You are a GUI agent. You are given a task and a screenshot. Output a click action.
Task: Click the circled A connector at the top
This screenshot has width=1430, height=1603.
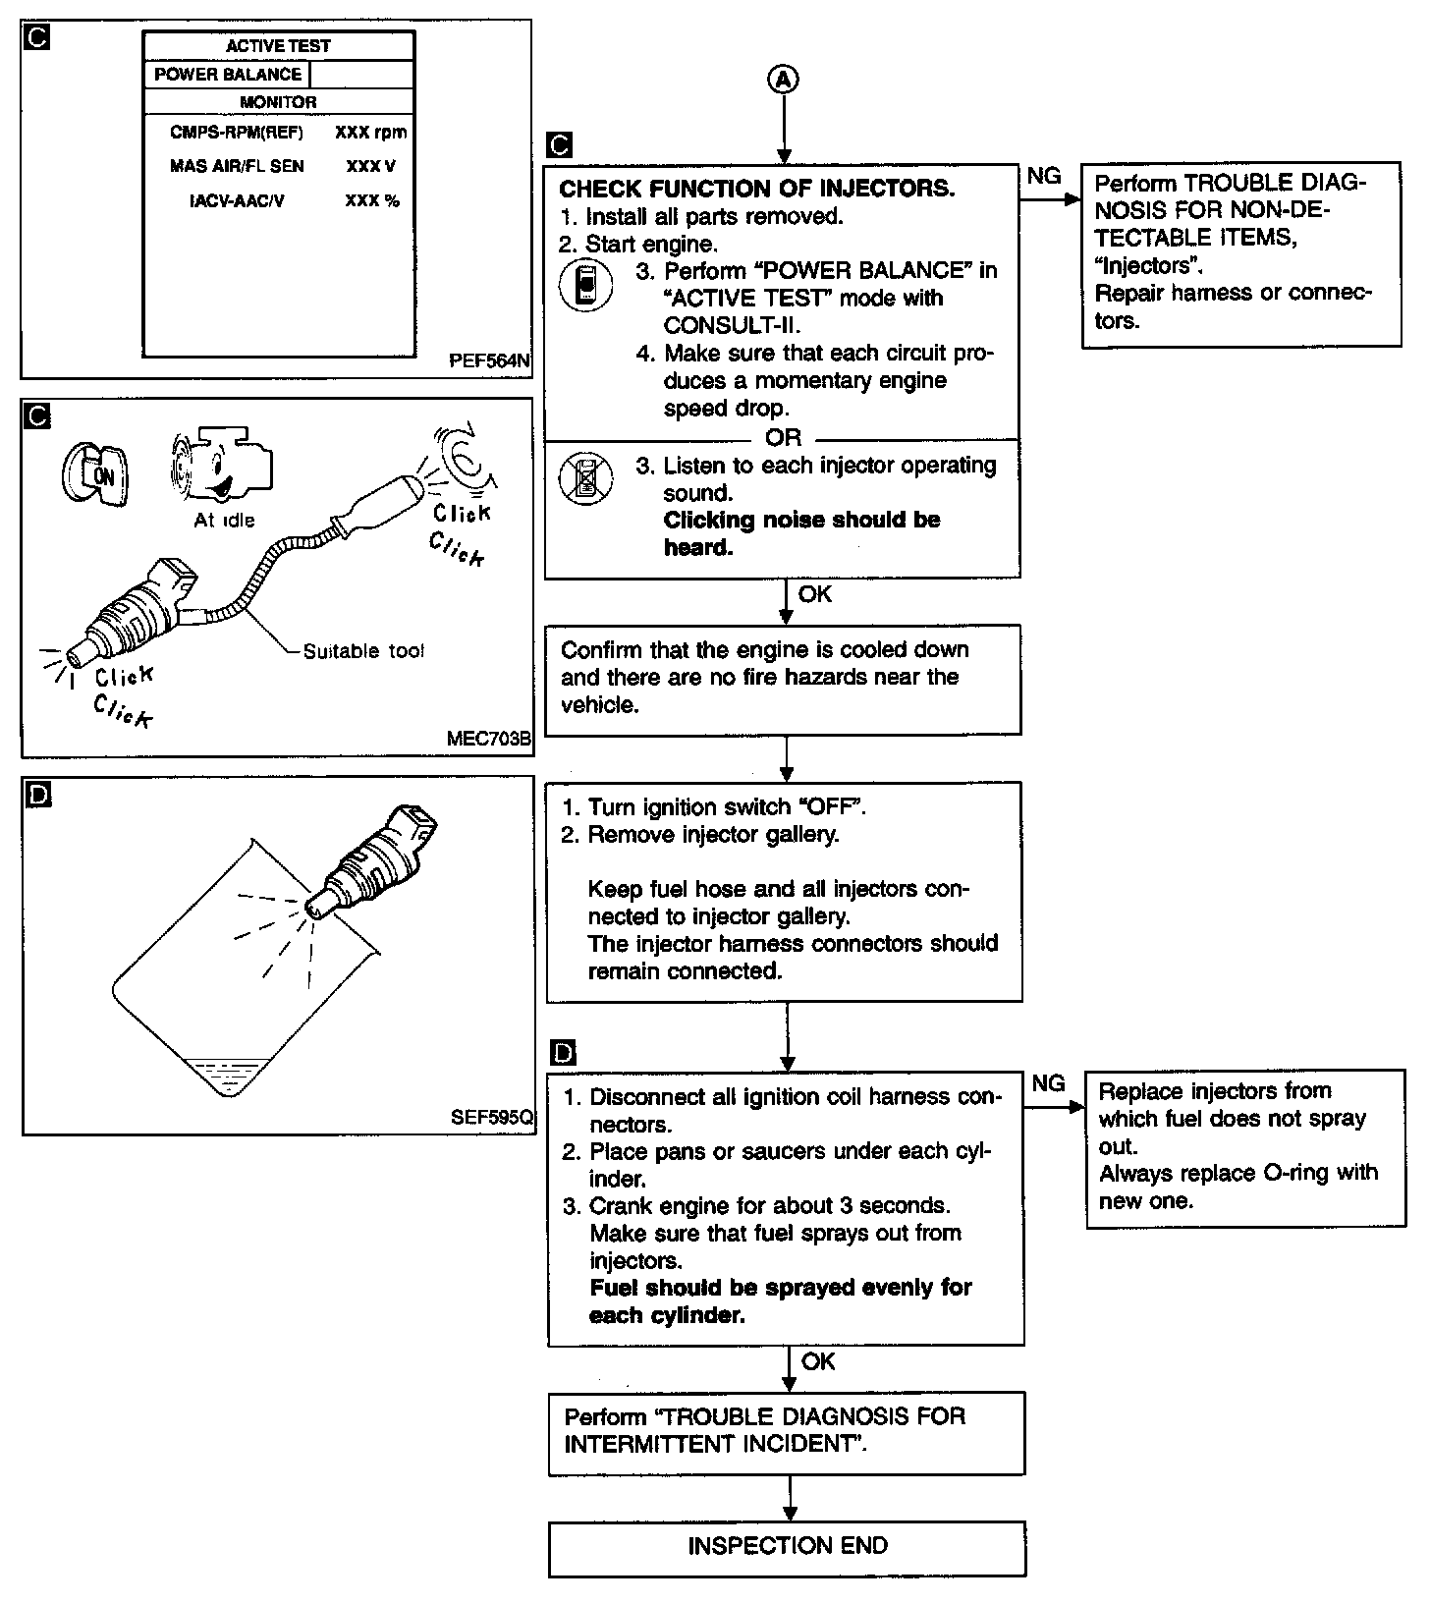pos(783,80)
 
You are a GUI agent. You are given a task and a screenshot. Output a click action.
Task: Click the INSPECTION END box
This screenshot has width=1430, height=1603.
pos(787,1546)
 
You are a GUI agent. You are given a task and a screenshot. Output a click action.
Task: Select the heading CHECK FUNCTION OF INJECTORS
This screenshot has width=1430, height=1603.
pos(756,189)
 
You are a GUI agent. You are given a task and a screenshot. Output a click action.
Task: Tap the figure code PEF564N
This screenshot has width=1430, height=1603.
pos(489,360)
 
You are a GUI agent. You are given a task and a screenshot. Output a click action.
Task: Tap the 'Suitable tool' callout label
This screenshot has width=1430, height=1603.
pos(363,651)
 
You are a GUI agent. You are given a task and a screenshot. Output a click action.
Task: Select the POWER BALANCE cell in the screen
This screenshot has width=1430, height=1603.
pos(228,75)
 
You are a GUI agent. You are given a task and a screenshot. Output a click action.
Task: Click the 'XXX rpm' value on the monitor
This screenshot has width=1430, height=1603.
pos(370,132)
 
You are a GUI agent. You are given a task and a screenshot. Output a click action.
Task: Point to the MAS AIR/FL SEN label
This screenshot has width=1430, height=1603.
pos(237,166)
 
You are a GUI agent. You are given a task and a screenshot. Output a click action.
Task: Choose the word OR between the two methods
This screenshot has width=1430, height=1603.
pos(783,438)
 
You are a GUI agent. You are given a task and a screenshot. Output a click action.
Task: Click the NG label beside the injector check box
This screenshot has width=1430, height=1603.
pos(1044,176)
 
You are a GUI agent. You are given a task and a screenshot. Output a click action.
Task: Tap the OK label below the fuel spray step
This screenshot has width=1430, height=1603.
pos(818,1361)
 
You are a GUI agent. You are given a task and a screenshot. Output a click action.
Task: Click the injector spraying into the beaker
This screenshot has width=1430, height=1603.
pos(373,858)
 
